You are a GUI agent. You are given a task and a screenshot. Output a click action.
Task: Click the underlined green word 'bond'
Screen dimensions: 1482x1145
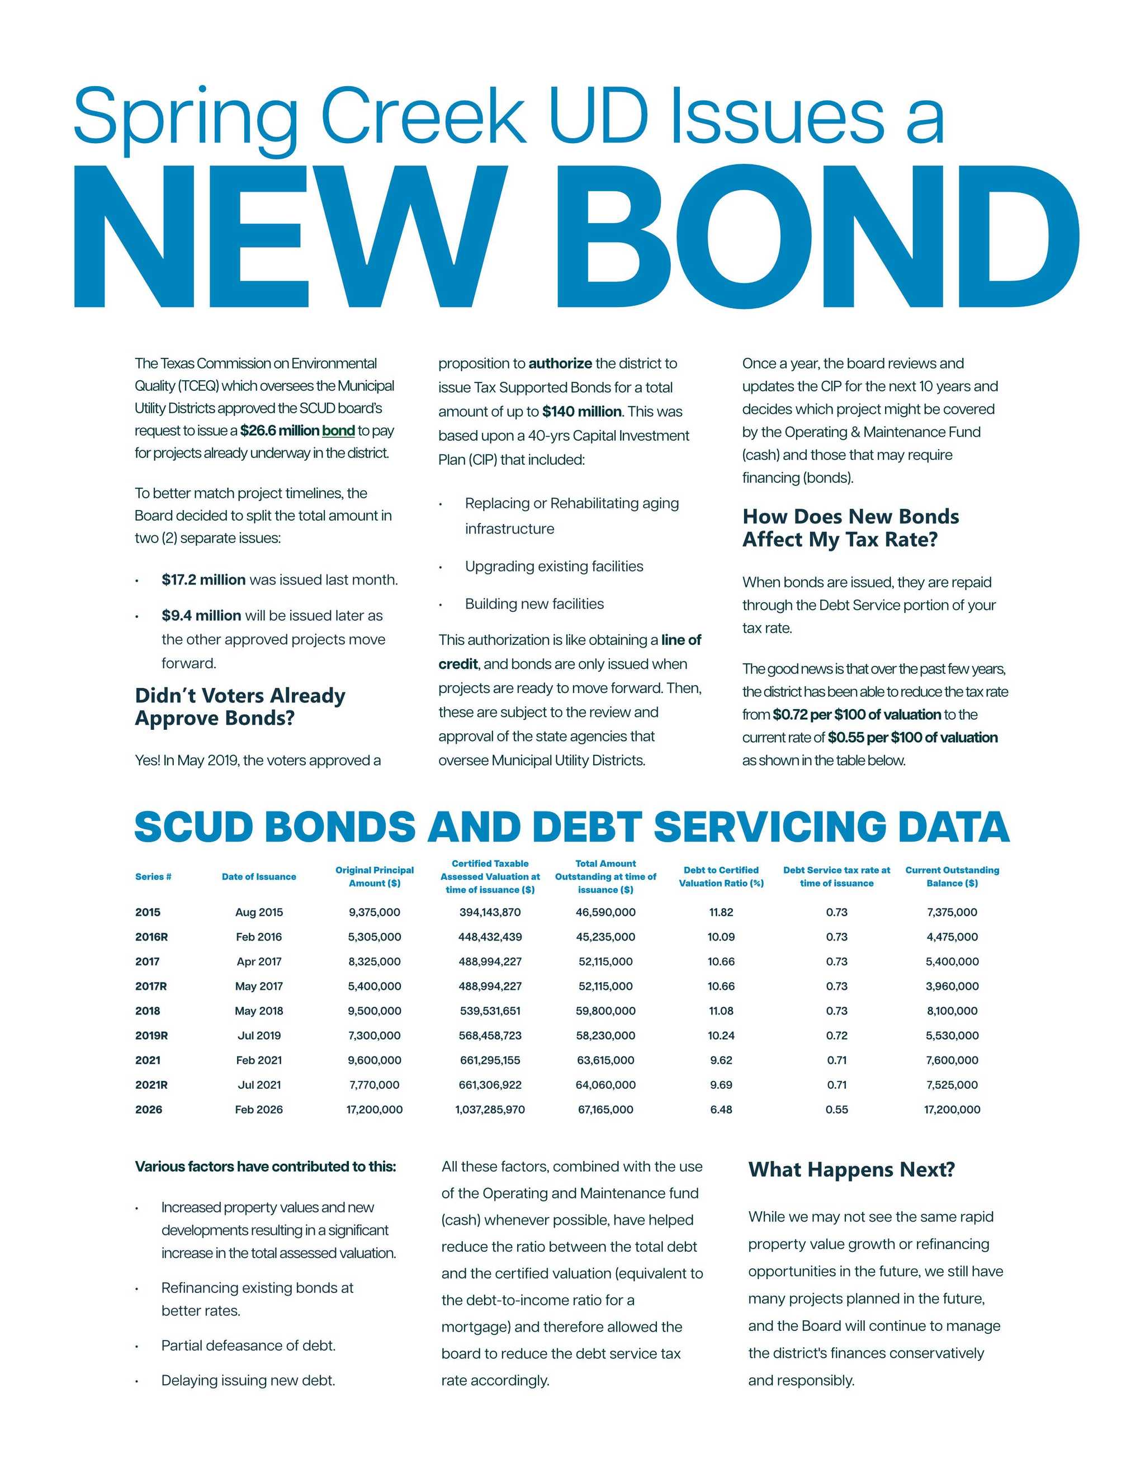[x=338, y=431]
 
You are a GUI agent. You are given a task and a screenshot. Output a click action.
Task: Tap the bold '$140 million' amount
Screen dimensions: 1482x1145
[x=581, y=412]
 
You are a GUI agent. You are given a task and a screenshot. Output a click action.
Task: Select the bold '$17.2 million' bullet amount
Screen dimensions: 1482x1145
[x=204, y=580]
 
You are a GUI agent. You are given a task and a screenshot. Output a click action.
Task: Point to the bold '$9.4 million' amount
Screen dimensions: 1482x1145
[x=201, y=616]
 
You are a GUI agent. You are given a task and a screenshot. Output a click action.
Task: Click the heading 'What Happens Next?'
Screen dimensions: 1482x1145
[x=851, y=1170]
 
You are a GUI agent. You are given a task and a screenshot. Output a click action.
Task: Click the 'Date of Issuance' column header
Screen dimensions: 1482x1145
[x=258, y=877]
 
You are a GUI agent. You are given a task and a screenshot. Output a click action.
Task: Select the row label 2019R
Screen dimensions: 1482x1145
[x=152, y=1036]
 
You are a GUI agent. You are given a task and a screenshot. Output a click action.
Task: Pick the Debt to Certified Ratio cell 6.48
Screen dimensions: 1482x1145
[x=721, y=1110]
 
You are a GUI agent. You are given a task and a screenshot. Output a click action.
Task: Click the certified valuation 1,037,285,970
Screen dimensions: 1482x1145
[x=490, y=1110]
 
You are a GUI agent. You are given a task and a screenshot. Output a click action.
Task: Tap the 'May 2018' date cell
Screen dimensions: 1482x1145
[x=258, y=1011]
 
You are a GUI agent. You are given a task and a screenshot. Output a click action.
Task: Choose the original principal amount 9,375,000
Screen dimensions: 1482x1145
[x=375, y=913]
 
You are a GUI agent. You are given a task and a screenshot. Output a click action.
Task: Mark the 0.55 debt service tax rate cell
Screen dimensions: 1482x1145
[x=836, y=1110]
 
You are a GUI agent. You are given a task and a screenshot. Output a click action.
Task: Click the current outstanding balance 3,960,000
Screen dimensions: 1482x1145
[x=952, y=986]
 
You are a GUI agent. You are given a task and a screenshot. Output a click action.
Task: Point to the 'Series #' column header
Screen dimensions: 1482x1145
[x=153, y=877]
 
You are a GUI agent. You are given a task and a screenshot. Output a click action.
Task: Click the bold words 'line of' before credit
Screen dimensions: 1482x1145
[x=681, y=640]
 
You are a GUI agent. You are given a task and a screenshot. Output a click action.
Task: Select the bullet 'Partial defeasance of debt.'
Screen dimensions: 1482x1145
[x=248, y=1346]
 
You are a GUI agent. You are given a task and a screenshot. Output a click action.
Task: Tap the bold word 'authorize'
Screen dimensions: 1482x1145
[x=560, y=364]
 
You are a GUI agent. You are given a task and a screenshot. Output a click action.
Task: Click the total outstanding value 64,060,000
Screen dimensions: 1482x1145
[x=605, y=1085]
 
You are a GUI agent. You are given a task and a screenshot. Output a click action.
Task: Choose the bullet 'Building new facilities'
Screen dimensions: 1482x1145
[x=534, y=604]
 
